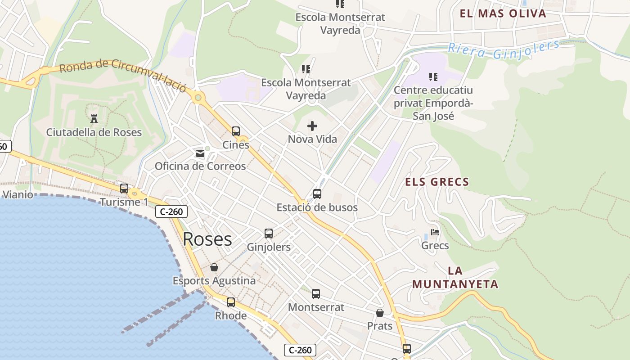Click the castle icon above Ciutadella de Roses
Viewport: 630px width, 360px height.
pos(94,119)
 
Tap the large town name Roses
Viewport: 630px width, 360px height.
pos(207,239)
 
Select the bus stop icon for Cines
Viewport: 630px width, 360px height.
pos(236,131)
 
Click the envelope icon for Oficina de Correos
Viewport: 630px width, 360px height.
pos(200,153)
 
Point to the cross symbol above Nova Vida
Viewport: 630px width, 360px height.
pos(312,126)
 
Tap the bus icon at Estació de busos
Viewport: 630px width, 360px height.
pos(317,194)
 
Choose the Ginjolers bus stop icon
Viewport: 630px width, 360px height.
pos(269,234)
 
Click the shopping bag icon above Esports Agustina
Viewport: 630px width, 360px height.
pos(214,267)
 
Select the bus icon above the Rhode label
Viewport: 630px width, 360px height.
pos(231,302)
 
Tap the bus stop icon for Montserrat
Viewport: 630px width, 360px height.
pos(316,294)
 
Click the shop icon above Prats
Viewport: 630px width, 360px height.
pos(380,313)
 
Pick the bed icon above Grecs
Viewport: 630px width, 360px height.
pos(435,232)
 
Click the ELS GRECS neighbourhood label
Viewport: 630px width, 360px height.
pos(437,182)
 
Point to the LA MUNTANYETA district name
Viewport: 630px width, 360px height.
pos(455,278)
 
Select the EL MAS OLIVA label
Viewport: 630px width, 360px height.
pos(503,13)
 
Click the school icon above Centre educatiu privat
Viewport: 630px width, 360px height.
pos(433,77)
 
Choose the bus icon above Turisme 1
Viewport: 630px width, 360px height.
pos(124,189)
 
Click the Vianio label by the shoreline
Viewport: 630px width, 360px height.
pos(18,194)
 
